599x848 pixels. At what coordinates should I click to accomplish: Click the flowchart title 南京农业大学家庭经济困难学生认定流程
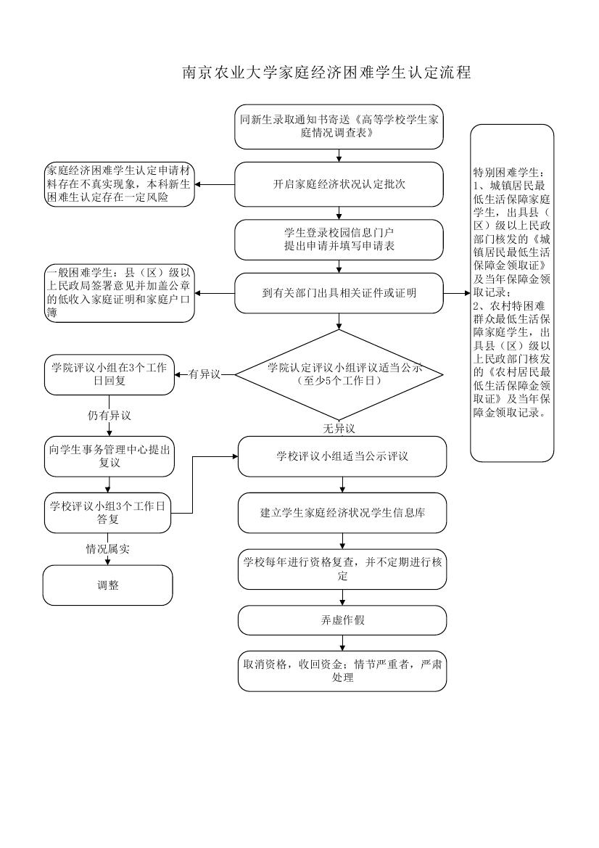coord(326,73)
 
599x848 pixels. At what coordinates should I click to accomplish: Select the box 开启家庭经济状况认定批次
coord(339,184)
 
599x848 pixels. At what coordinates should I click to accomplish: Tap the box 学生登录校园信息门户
coord(339,239)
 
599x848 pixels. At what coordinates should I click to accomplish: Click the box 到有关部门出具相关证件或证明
coord(339,293)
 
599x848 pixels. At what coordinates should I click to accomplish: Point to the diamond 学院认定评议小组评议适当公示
coord(339,374)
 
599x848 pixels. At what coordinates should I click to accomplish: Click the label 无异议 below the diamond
coord(339,429)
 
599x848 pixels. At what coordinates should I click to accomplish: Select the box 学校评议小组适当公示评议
coord(342,456)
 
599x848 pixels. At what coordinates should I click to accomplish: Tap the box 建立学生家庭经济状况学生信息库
coord(342,512)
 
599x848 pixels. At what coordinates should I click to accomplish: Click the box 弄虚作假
coord(342,621)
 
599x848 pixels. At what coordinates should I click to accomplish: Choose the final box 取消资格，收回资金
coord(342,671)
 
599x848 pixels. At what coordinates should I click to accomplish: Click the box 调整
coord(108,585)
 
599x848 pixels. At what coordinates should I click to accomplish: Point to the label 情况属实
coord(108,549)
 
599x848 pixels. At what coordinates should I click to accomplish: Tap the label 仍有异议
coord(109,416)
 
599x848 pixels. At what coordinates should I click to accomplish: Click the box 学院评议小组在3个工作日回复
coord(109,374)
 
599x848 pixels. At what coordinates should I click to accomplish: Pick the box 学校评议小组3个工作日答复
coord(108,512)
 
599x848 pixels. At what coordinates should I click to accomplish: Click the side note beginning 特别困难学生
coord(511,292)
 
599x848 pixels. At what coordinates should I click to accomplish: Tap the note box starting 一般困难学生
coord(120,293)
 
